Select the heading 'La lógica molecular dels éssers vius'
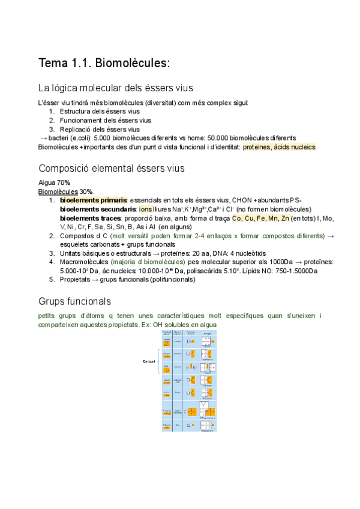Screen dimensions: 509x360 click(x=115, y=88)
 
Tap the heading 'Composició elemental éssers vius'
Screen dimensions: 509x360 click(x=111, y=168)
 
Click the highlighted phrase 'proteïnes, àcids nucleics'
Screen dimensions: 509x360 click(x=279, y=147)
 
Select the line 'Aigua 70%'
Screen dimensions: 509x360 click(x=54, y=182)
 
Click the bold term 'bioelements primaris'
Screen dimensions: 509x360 click(x=93, y=200)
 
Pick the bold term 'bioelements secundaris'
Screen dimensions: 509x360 click(x=98, y=209)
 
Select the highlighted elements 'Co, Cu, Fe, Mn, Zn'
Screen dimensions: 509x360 click(x=261, y=218)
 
